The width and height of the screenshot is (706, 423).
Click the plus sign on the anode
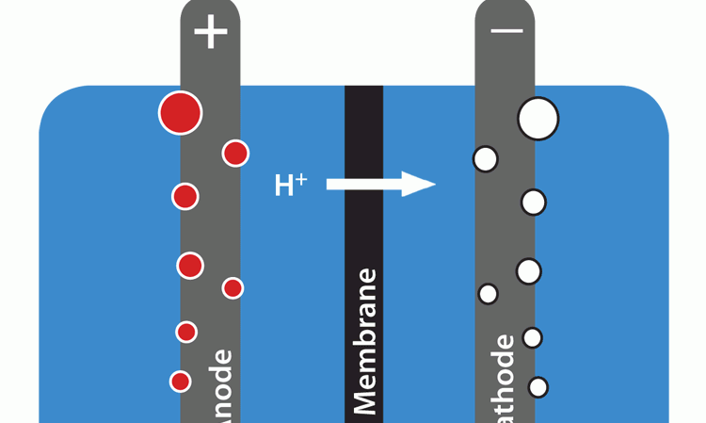coord(211,34)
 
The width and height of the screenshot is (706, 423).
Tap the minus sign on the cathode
coord(506,31)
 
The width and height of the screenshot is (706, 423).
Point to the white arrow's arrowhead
coord(420,184)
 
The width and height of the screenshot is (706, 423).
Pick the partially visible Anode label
coord(222,386)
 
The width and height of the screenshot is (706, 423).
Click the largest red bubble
coord(180,113)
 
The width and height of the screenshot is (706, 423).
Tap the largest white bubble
coord(538,118)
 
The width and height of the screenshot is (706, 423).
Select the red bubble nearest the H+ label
coord(235,153)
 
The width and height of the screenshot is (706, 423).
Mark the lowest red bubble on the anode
coord(180,382)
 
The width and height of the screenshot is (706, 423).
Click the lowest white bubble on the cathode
coord(538,386)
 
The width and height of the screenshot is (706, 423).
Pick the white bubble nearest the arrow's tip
coord(485,159)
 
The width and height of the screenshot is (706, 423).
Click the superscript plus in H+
coord(301,177)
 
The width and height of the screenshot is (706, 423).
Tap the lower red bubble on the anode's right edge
coord(233,288)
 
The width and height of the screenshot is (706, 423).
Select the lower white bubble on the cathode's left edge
coord(488,294)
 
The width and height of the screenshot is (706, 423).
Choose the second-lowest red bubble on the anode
coord(186,332)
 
